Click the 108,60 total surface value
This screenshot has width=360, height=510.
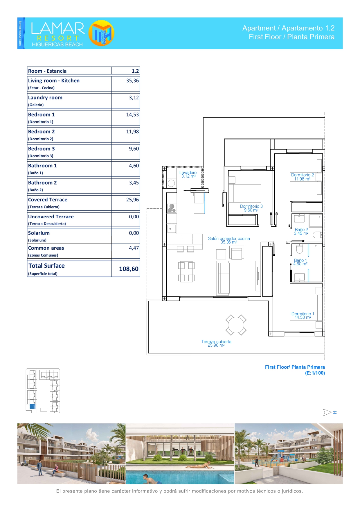coord(129,269)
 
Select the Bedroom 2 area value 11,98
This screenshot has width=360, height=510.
coord(132,132)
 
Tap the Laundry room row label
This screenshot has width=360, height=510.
coord(45,98)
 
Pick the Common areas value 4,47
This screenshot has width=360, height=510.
coord(134,248)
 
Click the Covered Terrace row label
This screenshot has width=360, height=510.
coord(48,200)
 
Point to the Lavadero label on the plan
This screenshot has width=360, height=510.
coord(188,173)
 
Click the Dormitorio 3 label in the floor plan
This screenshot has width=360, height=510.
coord(251,206)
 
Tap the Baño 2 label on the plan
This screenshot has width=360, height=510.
coord(301,230)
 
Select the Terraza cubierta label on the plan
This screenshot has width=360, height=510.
coord(216,342)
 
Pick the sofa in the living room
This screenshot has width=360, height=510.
coord(224,278)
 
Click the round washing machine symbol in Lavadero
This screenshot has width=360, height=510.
coord(171,183)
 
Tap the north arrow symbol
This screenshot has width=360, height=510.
coord(327,412)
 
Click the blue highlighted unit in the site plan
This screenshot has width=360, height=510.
coord(33,407)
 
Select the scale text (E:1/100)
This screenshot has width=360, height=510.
coord(315,373)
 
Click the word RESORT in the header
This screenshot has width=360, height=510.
coord(58,38)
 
